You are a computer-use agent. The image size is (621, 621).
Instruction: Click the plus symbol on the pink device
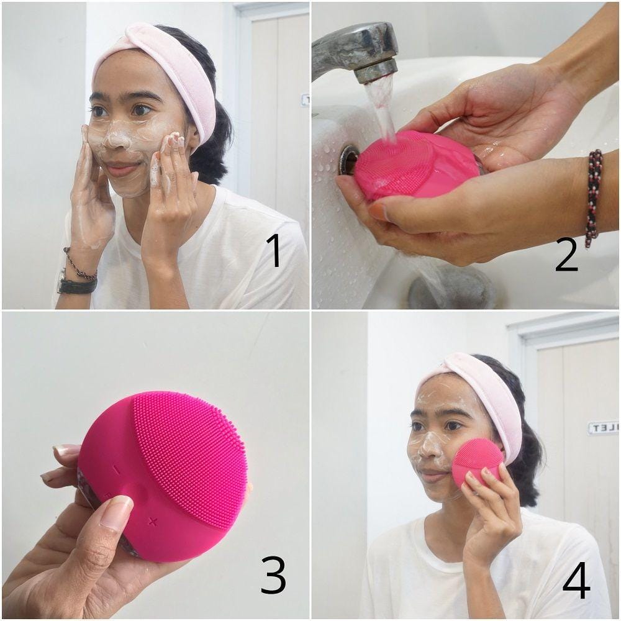pyautogui.click(x=153, y=520)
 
